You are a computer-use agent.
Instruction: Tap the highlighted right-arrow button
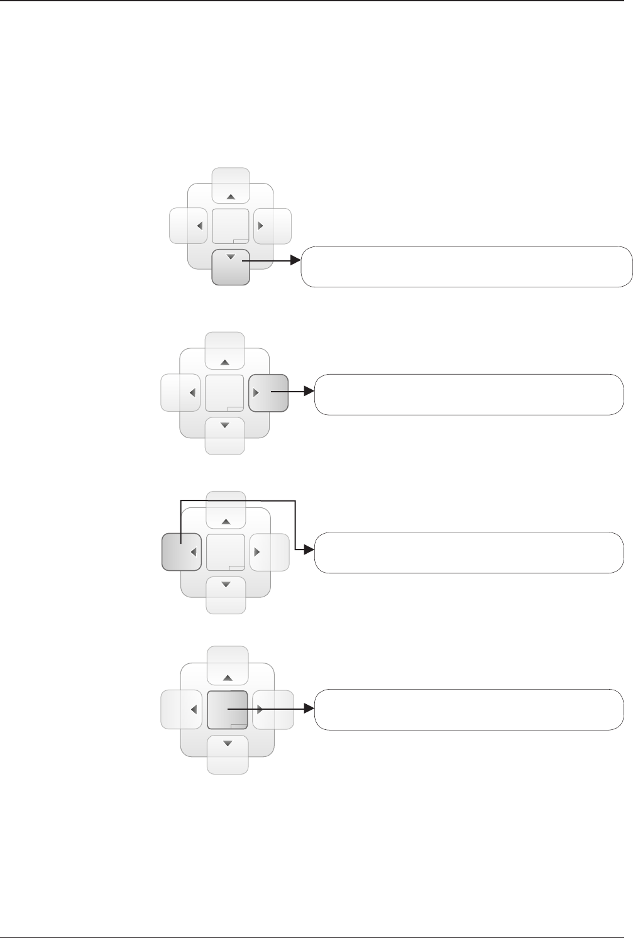click(268, 393)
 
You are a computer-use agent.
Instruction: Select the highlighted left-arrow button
click(182, 551)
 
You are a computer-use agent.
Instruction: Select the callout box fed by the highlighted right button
click(469, 394)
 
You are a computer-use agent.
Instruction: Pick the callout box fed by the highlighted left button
click(469, 552)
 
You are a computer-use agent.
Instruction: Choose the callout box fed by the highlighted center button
click(469, 709)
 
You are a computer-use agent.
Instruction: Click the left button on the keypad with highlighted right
click(182, 393)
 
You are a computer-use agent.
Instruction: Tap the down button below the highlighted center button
click(228, 753)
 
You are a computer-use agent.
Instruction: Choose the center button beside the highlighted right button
click(225, 393)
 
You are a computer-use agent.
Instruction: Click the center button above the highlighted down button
click(231, 226)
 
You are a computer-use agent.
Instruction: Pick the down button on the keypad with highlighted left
click(226, 593)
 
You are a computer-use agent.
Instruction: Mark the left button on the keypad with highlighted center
click(182, 709)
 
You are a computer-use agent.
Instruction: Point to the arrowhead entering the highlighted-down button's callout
click(296, 260)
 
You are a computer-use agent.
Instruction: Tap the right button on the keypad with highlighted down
click(272, 226)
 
